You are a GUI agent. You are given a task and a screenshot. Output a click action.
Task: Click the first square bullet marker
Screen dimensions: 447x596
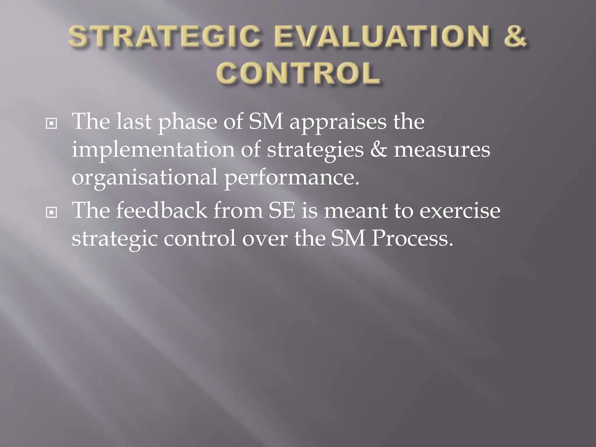coord(52,124)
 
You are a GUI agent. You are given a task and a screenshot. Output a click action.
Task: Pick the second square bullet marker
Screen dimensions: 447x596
coord(52,213)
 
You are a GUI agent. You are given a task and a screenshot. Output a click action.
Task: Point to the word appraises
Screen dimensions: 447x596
coord(338,122)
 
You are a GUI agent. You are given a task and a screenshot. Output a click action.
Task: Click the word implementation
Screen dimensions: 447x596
coord(153,150)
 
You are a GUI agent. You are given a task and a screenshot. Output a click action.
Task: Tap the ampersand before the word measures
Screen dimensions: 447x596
coord(379,150)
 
